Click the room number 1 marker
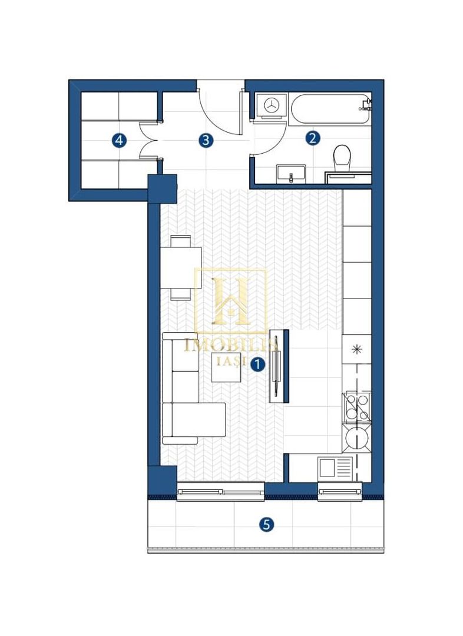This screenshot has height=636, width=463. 257,365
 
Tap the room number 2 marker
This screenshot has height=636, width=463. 312,138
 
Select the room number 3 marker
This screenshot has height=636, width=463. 206,140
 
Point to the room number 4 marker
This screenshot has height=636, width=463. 119,141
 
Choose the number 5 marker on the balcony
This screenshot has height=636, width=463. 266,525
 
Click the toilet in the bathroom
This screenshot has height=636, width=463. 342,159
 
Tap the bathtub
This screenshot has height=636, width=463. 330,109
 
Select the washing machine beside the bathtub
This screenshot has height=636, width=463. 271,106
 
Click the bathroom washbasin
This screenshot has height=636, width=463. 291,174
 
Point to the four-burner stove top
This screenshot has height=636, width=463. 357,407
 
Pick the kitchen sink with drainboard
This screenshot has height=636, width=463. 335,468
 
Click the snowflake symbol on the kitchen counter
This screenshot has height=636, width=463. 357,349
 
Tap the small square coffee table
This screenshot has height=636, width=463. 227,367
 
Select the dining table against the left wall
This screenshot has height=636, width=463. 181,268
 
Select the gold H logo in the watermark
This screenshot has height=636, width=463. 231,301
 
